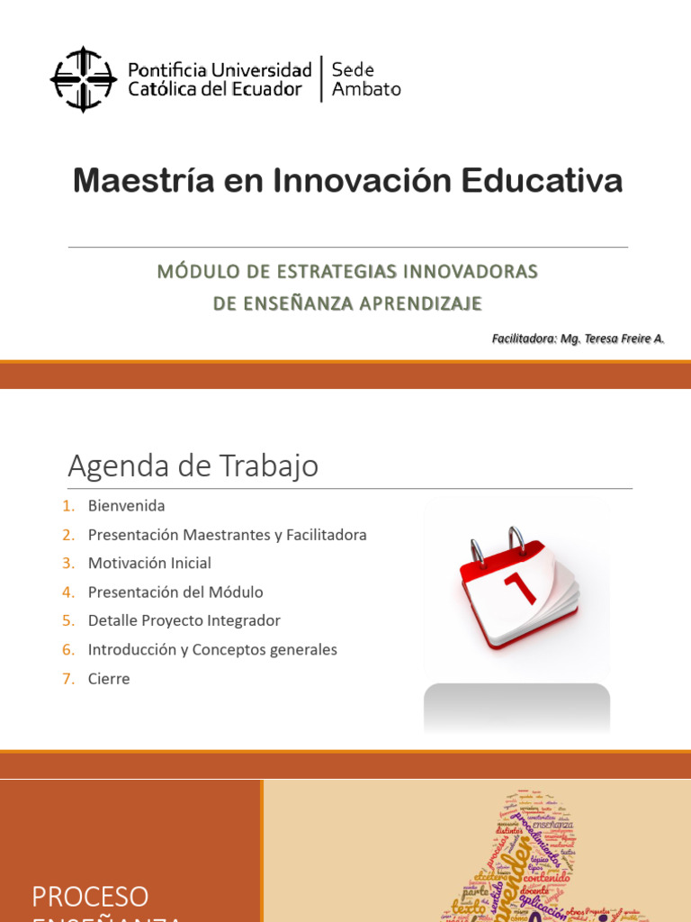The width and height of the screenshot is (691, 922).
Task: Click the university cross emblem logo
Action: coord(83,79)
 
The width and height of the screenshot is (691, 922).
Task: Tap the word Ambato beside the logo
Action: coord(366,89)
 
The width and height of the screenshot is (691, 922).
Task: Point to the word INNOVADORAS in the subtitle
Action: coord(469,272)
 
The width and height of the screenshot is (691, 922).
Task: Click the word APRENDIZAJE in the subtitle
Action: coord(420,303)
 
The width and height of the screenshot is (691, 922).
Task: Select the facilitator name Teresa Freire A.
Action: coord(624,339)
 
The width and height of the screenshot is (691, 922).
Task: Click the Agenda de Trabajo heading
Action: coord(193,466)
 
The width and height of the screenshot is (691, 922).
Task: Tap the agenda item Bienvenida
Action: coord(126,506)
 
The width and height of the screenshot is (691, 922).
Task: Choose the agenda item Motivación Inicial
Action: coord(149,564)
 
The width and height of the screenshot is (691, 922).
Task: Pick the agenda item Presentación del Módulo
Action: coord(175,592)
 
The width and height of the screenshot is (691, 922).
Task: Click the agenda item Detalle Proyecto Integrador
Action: coord(184,621)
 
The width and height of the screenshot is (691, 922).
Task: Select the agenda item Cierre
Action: coord(109,679)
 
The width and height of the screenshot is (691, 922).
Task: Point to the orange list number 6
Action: coord(68,650)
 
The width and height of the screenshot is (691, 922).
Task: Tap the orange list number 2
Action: coord(68,535)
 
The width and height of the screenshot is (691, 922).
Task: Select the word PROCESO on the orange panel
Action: coord(90,897)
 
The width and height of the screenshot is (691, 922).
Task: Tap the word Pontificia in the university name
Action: coord(168,70)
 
